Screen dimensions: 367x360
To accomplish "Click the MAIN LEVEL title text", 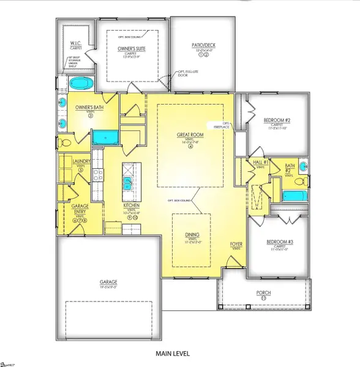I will [x=173, y=354].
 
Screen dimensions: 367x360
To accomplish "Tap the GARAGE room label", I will [x=109, y=282].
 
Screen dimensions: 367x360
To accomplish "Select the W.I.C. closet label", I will [x=77, y=42].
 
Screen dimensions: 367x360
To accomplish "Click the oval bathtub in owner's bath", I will [x=80, y=83].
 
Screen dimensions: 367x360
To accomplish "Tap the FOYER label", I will [x=236, y=245].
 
